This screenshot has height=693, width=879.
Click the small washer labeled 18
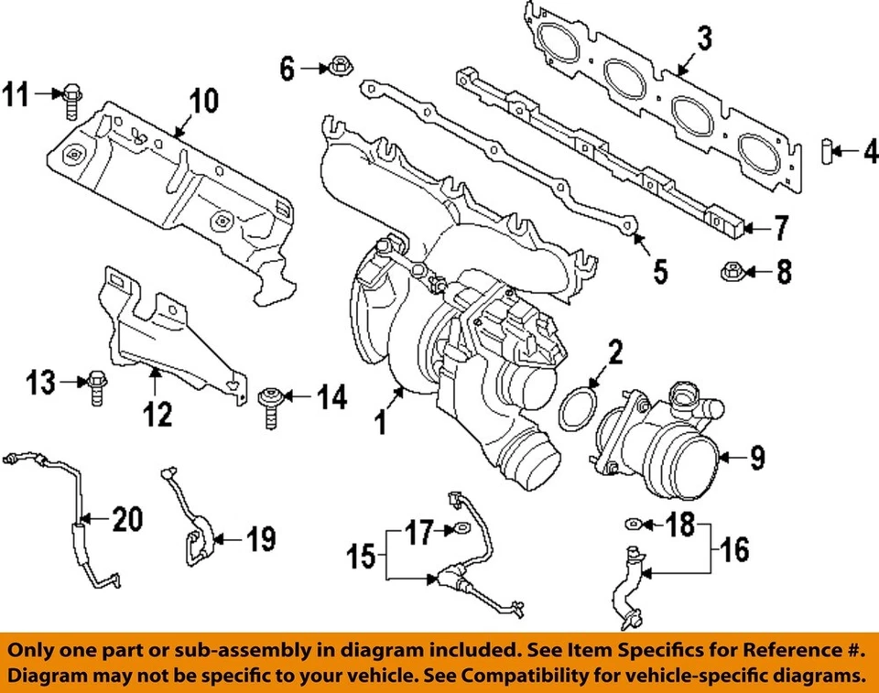coord(633,523)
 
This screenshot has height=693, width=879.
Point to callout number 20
coord(127,520)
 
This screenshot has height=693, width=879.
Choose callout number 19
coord(259,539)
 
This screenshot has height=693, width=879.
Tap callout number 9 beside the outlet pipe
coord(756,458)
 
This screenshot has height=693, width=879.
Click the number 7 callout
coord(779,228)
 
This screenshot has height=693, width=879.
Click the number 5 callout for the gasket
coord(659,271)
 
